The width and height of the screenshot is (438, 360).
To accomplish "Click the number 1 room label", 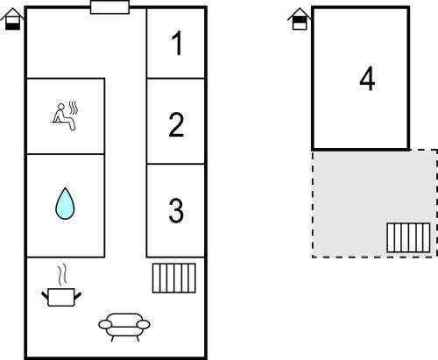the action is click(177, 43).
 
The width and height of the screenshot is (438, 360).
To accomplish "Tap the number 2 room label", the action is click(176, 124).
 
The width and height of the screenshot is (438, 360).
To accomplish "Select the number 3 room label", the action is click(176, 210).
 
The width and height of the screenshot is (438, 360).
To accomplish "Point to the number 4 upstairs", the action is click(367, 79).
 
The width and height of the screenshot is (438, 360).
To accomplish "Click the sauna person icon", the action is click(65, 116).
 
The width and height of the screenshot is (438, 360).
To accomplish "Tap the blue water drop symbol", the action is click(65, 203).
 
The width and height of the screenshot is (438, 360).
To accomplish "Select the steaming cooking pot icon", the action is click(61, 285).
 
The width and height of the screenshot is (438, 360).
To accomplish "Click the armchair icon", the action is click(124, 327).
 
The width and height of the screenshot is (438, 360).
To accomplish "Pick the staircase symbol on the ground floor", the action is click(174, 278).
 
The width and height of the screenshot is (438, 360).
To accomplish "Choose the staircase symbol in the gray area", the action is click(408, 237).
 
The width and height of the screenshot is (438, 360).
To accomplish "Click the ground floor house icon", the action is click(12, 19).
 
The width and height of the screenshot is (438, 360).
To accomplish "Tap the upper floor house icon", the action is click(300, 19).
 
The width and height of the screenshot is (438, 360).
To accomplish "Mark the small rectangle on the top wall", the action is click(109, 7).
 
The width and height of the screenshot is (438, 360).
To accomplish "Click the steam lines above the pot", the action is click(62, 275).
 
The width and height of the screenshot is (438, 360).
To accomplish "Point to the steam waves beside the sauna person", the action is click(74, 108).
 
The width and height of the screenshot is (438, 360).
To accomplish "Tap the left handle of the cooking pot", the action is click(45, 295).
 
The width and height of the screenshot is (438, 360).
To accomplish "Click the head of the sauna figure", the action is click(61, 106).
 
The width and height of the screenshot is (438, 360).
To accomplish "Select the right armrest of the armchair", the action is click(144, 324).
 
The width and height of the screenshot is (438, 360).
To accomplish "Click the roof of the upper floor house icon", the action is click(300, 13).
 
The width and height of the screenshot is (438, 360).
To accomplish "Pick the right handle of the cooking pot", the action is click(78, 295).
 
